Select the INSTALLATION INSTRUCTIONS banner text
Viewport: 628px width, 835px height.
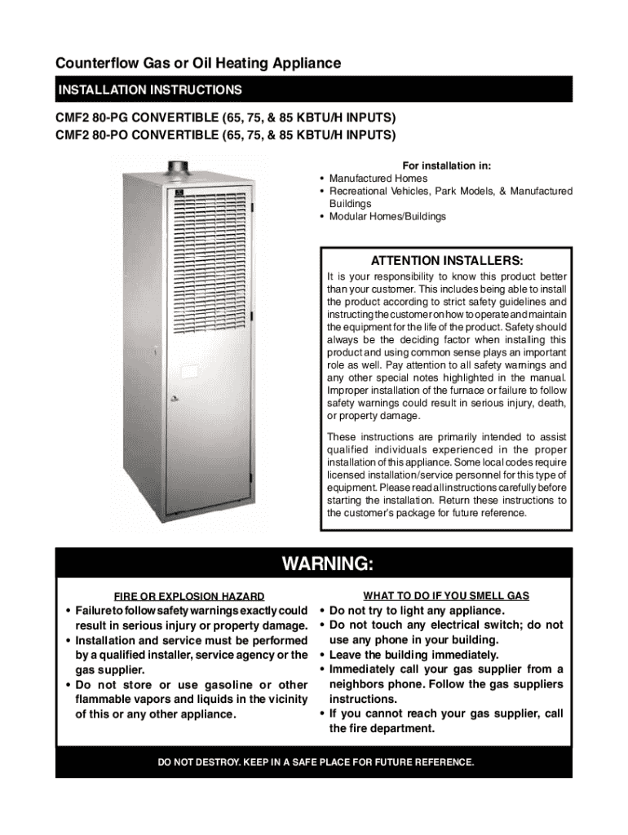click(149, 89)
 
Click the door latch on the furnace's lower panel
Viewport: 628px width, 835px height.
click(172, 400)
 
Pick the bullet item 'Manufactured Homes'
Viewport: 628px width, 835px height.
click(378, 178)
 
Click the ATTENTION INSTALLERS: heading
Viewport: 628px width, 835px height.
click(447, 261)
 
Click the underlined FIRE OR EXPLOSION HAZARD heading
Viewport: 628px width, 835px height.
click(188, 596)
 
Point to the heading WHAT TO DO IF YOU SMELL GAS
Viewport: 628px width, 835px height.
click(446, 596)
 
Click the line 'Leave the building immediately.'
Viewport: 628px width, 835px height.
click(414, 655)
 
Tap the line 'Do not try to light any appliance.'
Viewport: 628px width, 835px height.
click(417, 611)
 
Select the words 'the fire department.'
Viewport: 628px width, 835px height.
click(382, 728)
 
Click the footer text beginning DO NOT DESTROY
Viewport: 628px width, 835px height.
click(315, 762)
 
